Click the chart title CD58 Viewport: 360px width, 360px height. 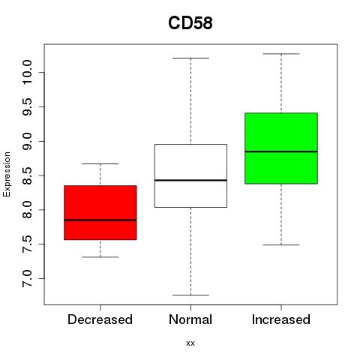[x=190, y=23]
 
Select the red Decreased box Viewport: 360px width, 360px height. [x=100, y=213]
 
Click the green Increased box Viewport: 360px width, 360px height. [x=281, y=148]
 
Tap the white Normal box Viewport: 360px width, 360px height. [x=190, y=175]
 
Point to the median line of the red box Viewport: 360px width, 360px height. [x=100, y=220]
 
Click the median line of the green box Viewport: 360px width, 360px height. [x=281, y=151]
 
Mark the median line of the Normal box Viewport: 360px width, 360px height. [x=190, y=180]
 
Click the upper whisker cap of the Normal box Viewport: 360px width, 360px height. [x=190, y=58]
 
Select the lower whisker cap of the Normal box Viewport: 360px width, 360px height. [x=190, y=295]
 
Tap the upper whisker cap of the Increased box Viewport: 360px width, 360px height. [x=281, y=54]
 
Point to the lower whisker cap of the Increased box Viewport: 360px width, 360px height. [x=281, y=244]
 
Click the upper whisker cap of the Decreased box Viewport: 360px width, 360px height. [x=100, y=163]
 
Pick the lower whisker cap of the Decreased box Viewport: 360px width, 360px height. [x=100, y=257]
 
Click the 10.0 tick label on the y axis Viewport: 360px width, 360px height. [x=27, y=73]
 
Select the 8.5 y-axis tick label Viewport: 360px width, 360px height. [x=27, y=175]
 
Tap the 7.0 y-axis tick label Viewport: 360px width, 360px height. [x=27, y=278]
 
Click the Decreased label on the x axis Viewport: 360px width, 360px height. [x=100, y=319]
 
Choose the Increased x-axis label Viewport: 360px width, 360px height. [x=281, y=319]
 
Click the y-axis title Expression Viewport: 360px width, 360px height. [x=7, y=174]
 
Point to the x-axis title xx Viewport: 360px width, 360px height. [x=190, y=343]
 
